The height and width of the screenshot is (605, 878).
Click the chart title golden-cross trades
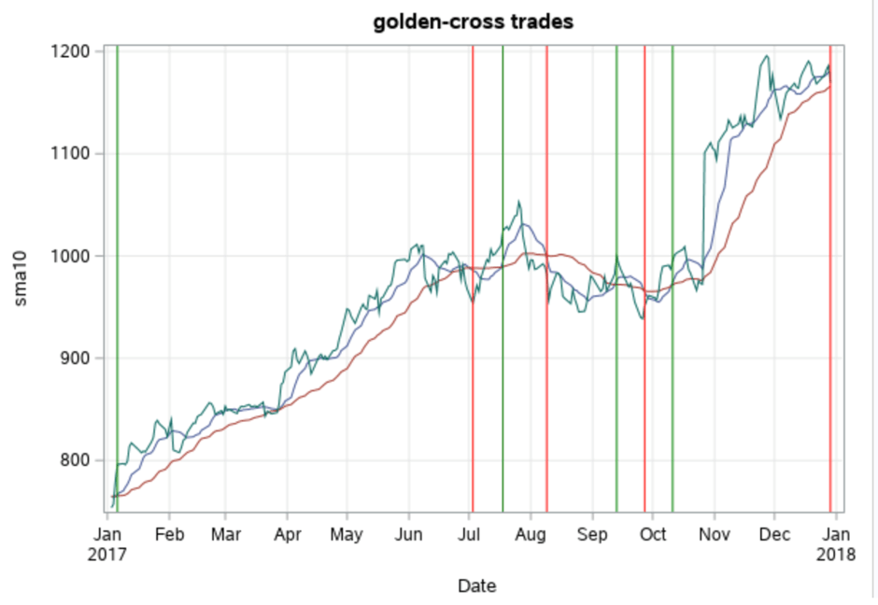[474, 21]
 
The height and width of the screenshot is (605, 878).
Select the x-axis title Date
[476, 586]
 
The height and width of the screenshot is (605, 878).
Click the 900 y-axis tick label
[75, 359]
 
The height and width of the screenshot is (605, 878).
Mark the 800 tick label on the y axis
[75, 460]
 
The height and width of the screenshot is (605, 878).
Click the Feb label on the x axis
[169, 534]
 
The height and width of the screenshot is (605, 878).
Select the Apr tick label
[287, 534]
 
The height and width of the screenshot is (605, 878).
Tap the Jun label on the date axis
[408, 534]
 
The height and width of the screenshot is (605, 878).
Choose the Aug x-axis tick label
[531, 534]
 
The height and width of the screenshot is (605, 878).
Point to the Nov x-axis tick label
[714, 534]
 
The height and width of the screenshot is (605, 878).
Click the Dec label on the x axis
[774, 534]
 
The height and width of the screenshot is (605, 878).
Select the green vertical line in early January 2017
[117, 280]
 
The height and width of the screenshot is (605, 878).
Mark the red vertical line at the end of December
[830, 280]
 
